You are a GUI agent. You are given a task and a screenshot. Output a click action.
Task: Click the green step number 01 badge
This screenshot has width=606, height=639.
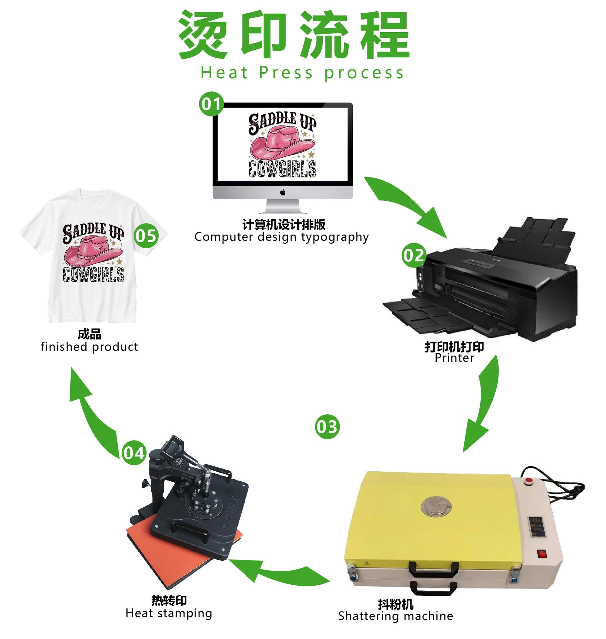tap(211, 104)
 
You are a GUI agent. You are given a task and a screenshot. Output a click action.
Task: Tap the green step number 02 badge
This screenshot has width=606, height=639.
tap(414, 256)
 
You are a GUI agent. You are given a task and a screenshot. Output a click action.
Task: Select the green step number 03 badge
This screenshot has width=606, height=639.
tap(327, 427)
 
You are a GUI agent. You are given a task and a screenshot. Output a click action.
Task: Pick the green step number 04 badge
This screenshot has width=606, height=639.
tap(134, 453)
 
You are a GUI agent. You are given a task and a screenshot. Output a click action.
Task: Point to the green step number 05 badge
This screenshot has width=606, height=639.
tap(146, 236)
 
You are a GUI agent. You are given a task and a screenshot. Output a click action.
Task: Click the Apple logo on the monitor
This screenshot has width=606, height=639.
tap(283, 192)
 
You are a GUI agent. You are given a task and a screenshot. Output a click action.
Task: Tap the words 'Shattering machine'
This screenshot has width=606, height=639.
tap(395, 616)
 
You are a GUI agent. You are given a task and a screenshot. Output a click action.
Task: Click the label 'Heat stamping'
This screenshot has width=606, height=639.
tap(169, 613)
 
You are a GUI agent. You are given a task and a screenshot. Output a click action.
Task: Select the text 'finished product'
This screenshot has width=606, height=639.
tap(89, 347)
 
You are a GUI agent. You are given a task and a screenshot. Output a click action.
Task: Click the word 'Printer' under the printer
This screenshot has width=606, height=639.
tap(454, 358)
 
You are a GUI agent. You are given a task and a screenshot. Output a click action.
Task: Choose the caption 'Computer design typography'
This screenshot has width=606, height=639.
tap(282, 237)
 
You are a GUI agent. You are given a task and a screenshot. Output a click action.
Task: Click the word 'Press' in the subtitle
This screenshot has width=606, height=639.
tap(286, 73)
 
